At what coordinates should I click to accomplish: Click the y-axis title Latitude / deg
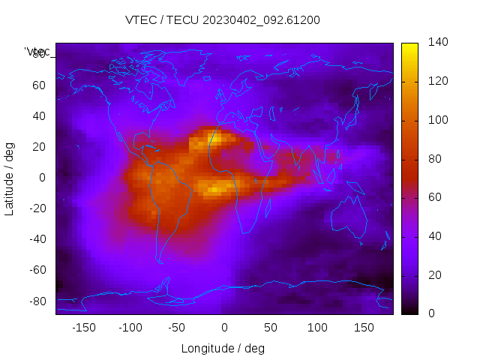10,178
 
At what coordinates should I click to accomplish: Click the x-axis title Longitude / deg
223,348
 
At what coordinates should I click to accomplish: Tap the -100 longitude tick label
130,328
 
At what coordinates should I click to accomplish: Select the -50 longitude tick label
177,328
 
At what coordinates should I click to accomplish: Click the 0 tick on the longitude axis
224,328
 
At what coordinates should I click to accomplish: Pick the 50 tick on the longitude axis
271,328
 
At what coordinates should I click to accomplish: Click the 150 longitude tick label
364,328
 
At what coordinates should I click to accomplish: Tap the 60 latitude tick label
39,85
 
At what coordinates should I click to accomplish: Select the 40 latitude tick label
39,116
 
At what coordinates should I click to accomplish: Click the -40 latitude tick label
37,239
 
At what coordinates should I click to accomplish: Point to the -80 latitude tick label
37,301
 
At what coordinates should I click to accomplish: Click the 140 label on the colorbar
438,43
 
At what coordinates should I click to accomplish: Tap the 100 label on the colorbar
438,120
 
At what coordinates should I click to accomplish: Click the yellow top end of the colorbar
409,46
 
